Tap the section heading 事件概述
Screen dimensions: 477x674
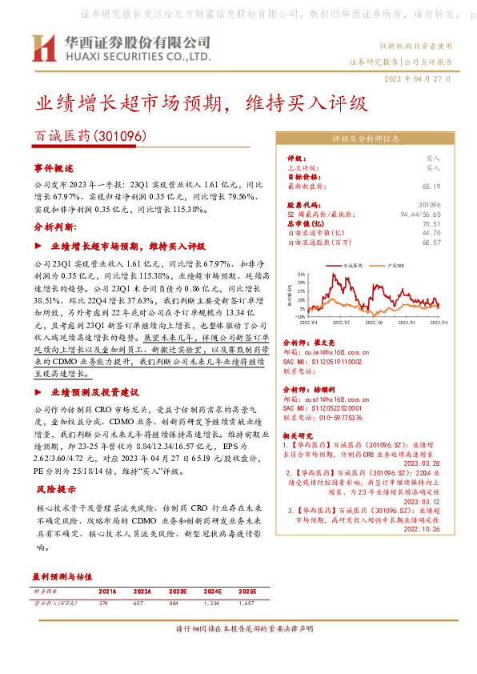[53, 169]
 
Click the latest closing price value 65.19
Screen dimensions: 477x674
[432, 187]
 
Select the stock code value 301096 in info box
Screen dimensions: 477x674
[430, 206]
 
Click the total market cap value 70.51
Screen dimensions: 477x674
[432, 224]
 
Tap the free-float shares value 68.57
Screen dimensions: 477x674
[432, 241]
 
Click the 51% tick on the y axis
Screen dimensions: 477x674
[299, 273]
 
